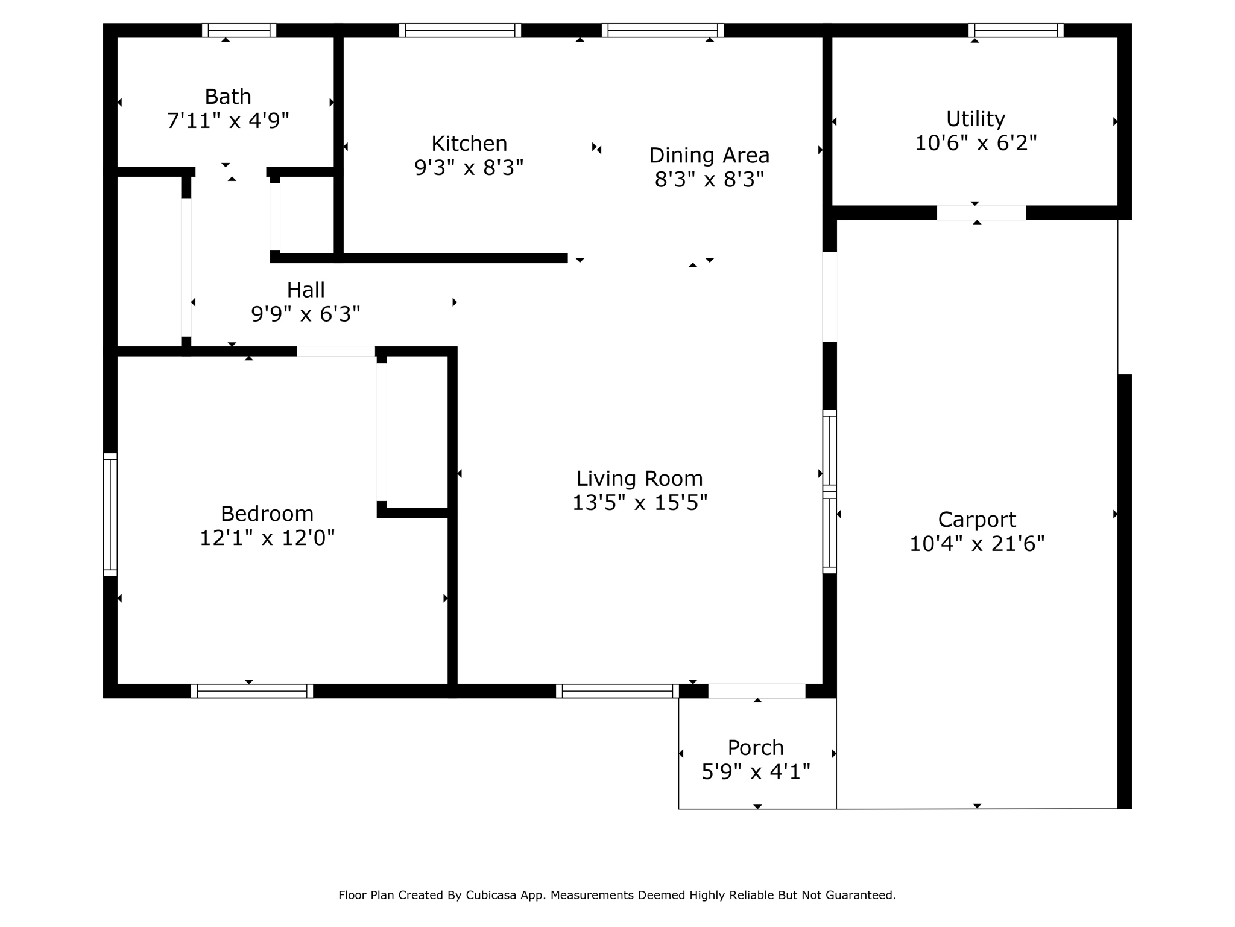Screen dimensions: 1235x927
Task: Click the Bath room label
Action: point(228,97)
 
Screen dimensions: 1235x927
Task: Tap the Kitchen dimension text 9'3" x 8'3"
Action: point(469,167)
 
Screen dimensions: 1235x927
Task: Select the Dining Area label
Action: point(709,156)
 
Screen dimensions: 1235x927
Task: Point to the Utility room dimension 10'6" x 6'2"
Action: point(976,143)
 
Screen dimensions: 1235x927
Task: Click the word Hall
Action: point(306,290)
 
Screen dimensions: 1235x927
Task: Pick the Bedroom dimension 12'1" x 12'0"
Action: point(267,538)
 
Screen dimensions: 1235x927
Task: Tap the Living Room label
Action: point(639,479)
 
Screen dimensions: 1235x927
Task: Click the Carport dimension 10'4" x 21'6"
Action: point(977,544)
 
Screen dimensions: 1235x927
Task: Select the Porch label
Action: point(756,748)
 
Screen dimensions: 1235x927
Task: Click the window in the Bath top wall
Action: point(239,30)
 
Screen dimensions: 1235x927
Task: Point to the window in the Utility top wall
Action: point(1015,30)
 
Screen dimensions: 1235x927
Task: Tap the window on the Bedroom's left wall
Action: point(110,514)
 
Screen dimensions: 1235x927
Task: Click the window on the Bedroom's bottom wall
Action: point(252,691)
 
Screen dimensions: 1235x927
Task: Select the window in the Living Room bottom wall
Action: point(617,691)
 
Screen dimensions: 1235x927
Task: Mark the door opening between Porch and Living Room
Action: point(757,691)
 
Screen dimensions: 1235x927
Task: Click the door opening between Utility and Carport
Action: point(981,212)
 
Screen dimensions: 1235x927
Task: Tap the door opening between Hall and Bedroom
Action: point(336,351)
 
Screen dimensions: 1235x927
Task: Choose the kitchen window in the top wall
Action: point(460,30)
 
